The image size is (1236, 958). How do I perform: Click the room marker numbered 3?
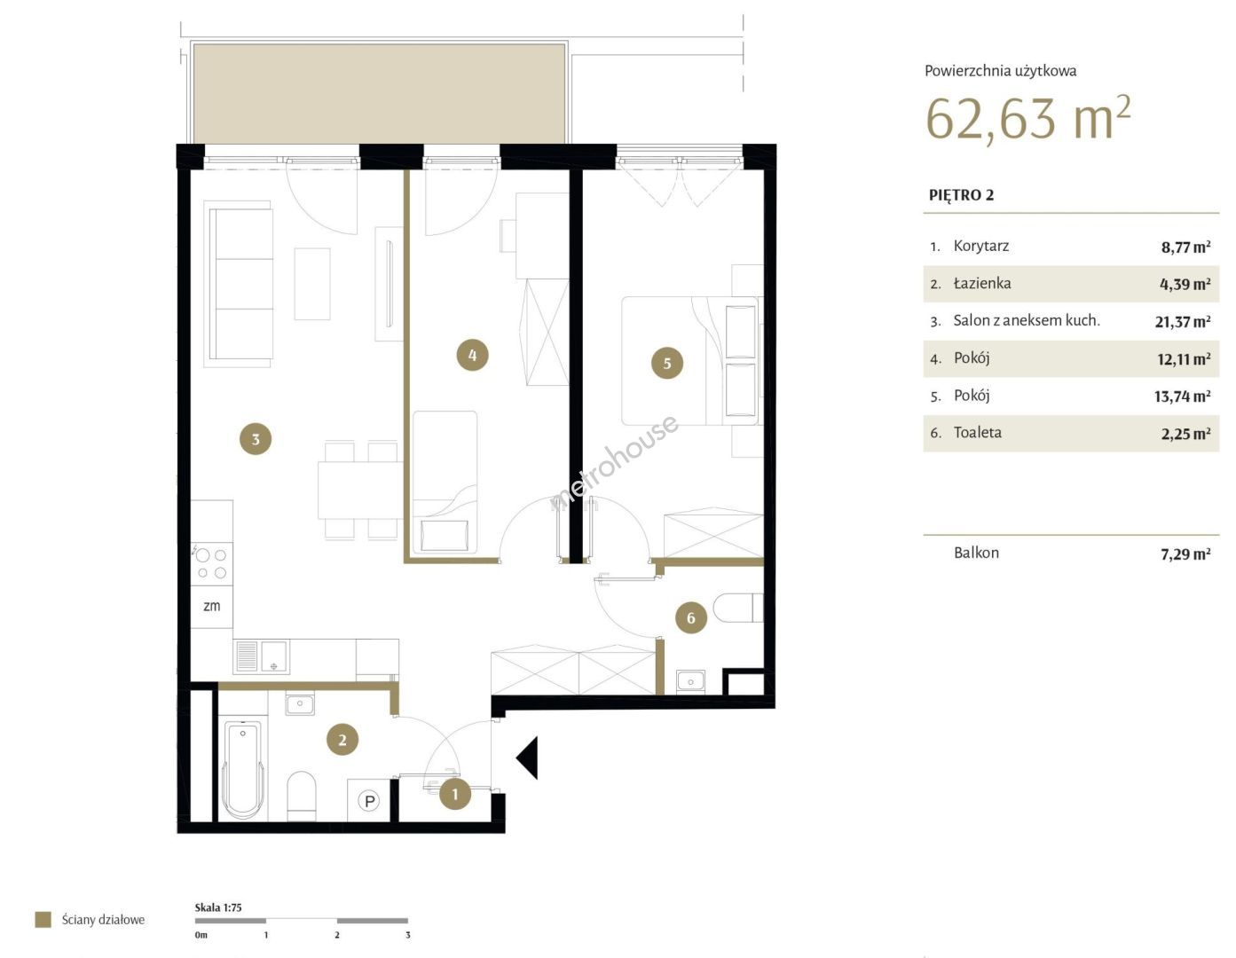pyautogui.click(x=256, y=439)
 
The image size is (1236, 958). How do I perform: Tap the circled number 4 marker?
pyautogui.click(x=472, y=355)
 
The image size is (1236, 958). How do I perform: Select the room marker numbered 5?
pyautogui.click(x=666, y=363)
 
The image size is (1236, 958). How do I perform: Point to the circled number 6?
pyautogui.click(x=690, y=618)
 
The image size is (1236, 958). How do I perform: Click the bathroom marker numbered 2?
pyautogui.click(x=342, y=740)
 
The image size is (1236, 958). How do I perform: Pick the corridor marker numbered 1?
pyautogui.click(x=454, y=794)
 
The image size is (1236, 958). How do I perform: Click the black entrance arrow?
pyautogui.click(x=527, y=758)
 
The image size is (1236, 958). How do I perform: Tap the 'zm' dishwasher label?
pyautogui.click(x=211, y=606)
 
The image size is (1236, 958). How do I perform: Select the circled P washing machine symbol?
pyautogui.click(x=368, y=801)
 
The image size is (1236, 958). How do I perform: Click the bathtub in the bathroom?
pyautogui.click(x=243, y=770)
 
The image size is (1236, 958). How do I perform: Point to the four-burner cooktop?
pyautogui.click(x=211, y=564)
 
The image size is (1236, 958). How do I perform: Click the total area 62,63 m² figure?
pyautogui.click(x=1027, y=118)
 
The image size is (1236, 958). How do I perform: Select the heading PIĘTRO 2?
pyautogui.click(x=961, y=195)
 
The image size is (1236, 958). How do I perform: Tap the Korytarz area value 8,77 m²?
pyautogui.click(x=1185, y=247)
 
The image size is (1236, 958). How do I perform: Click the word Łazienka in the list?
pyautogui.click(x=982, y=283)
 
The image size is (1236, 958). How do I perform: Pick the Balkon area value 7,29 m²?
pyautogui.click(x=1185, y=554)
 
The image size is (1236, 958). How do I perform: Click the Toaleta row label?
pyautogui.click(x=978, y=432)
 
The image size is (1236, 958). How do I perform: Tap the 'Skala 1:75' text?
pyautogui.click(x=218, y=907)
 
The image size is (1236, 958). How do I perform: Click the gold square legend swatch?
pyautogui.click(x=43, y=919)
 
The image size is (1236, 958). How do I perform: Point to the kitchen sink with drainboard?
pyautogui.click(x=261, y=656)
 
